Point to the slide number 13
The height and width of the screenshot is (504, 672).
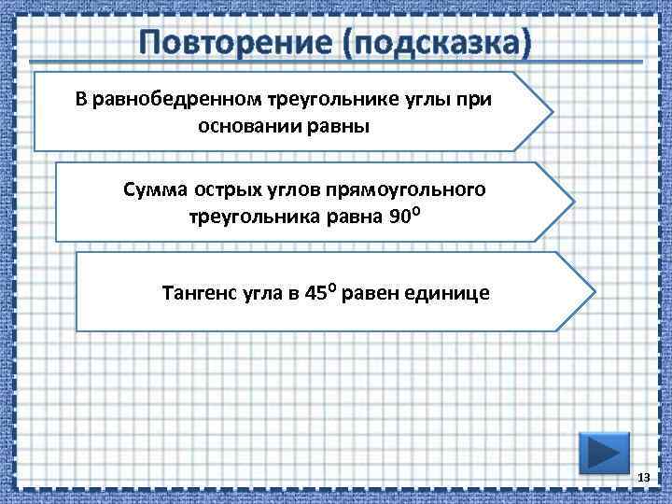pyautogui.click(x=642, y=479)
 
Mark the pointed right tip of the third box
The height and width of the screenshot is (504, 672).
pyautogui.click(x=593, y=290)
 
